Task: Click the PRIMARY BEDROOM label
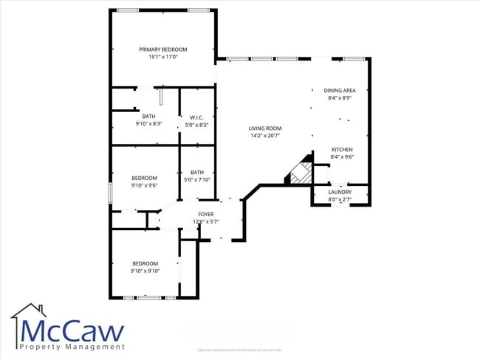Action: coord(163,49)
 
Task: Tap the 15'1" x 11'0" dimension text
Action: coord(163,57)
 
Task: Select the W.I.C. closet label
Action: coord(196,117)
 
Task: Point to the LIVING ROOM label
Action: coord(264,128)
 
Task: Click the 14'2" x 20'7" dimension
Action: coord(264,136)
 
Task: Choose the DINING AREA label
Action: coord(340,91)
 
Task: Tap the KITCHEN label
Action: coord(341,150)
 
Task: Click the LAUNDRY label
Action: coord(340,192)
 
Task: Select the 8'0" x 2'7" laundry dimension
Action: coord(340,198)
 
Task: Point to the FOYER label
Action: coord(206,215)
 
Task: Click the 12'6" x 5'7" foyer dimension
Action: coord(206,221)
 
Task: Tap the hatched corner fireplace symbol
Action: coord(299,173)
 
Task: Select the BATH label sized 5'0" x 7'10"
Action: coord(197,173)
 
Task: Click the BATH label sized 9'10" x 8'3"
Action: coord(149,117)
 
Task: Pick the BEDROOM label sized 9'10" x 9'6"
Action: coord(145,178)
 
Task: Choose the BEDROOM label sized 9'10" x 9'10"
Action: coord(145,263)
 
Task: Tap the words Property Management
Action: coord(72,347)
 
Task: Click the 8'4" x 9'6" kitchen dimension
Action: coord(341,156)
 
